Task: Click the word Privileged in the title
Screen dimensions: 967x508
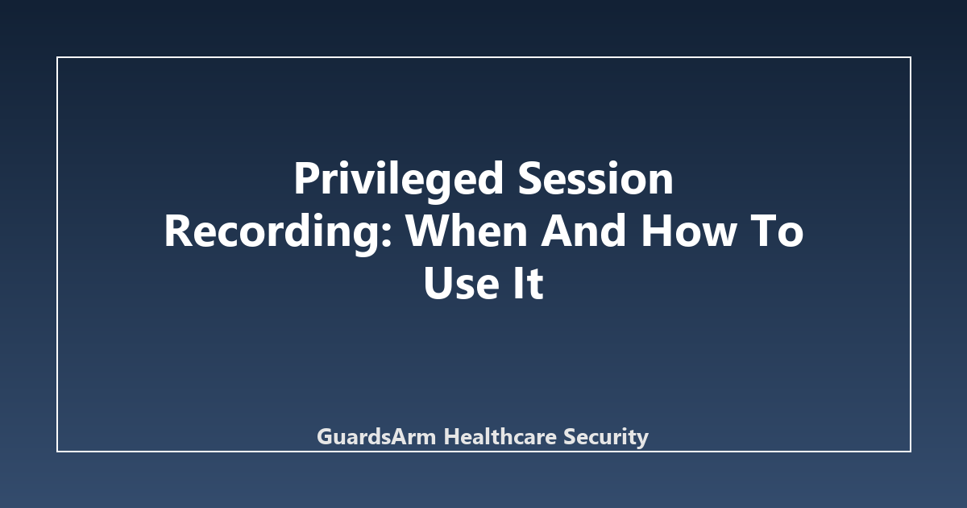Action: tap(399, 181)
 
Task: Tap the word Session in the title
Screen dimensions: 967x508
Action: tap(596, 178)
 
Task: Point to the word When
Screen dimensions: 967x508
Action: tap(467, 231)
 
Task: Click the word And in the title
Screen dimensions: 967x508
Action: tap(583, 231)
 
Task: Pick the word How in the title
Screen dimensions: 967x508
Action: tap(687, 231)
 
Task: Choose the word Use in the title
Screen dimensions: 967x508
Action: tap(462, 283)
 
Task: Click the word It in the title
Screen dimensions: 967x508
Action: tap(528, 283)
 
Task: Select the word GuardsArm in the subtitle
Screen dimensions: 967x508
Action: tap(376, 436)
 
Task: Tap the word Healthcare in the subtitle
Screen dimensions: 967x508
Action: tap(500, 436)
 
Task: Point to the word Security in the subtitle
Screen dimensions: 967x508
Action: tap(606, 437)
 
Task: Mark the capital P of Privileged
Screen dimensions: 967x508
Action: tap(308, 178)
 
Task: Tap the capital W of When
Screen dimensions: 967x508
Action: tap(433, 231)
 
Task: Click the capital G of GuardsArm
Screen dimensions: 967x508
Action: tap(326, 437)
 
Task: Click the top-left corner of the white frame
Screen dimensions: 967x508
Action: tap(57, 57)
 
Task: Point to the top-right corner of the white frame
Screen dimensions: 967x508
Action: tap(911, 57)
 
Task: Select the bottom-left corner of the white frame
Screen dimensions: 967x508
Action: tap(57, 452)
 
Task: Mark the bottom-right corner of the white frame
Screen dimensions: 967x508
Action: tap(911, 452)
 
